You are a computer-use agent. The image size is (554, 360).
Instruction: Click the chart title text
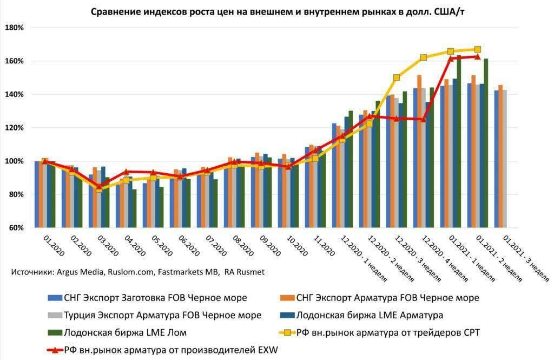277,11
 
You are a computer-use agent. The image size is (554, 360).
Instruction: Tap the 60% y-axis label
16,228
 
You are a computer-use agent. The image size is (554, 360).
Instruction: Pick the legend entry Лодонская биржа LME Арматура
362,315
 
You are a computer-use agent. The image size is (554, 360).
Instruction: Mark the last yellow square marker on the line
478,49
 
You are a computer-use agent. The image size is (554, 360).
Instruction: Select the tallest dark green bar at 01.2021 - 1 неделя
459,141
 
